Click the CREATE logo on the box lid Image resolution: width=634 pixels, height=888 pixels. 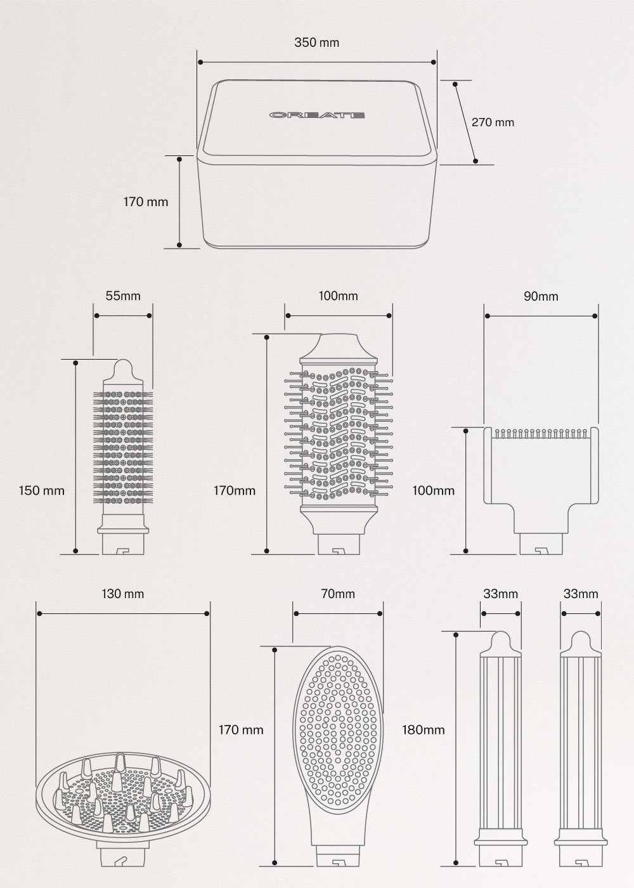coord(316,115)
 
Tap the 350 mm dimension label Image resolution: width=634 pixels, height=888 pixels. coord(316,42)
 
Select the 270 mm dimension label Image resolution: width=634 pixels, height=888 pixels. coord(493,122)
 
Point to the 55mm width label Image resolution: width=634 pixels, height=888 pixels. coord(122,296)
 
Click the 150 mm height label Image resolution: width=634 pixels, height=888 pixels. coord(42,490)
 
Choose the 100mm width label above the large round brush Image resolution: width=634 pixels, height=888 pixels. coord(338,296)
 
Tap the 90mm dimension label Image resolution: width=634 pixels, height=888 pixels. coord(541,296)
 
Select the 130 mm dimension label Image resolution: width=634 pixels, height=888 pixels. coord(123,594)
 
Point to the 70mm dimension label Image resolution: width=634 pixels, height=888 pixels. coord(338,594)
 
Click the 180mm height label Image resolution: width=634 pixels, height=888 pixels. coord(424,729)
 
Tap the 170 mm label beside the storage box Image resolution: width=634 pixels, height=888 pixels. coord(146,202)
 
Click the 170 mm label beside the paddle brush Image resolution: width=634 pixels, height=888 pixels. coord(241,729)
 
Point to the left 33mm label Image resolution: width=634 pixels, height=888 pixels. coord(501,594)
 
